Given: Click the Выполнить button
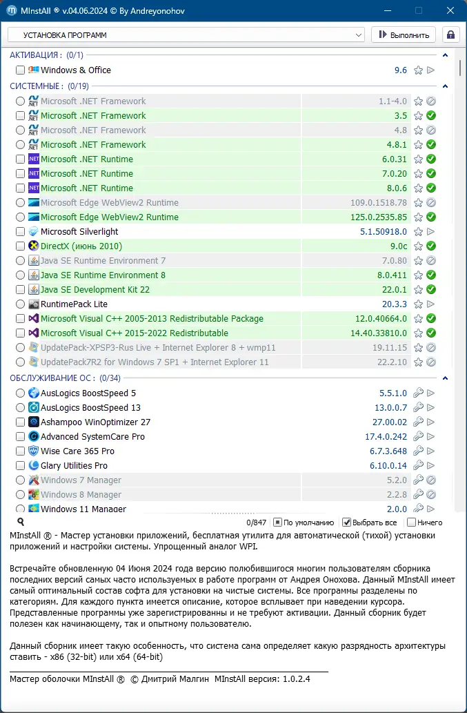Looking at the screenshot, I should coord(404,35).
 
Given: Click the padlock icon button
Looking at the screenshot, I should coord(451,35).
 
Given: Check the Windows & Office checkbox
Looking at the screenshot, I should coord(20,70).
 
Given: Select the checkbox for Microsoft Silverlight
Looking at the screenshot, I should coord(20,232).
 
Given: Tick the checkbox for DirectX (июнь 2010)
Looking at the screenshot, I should coord(20,246).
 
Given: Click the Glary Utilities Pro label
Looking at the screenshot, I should coord(74,466).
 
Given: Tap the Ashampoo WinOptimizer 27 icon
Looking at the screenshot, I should coord(34,422).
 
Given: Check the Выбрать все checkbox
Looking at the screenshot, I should coord(347,522).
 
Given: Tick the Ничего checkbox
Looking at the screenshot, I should coord(412,522).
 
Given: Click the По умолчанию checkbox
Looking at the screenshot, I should coord(278,522).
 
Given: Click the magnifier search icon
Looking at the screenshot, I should coord(21,522).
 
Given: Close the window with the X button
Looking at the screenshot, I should coord(450,11).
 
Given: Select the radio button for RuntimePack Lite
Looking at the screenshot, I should coord(20,304).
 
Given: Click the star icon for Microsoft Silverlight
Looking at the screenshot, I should coord(418,232).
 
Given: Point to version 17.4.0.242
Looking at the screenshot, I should coord(386,437).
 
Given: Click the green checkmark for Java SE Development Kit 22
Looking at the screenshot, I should coord(431,290).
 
